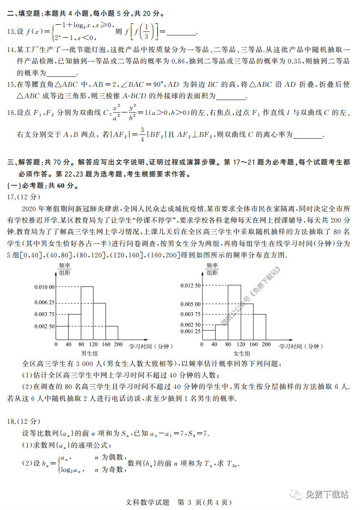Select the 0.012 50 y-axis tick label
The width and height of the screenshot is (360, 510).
(x=191, y=285)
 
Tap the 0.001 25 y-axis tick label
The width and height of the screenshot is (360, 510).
(x=191, y=331)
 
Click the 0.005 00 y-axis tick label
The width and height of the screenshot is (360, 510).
(x=191, y=304)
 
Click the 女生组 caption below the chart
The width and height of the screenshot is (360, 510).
(x=242, y=353)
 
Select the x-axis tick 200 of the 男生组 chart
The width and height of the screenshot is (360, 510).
(x=118, y=344)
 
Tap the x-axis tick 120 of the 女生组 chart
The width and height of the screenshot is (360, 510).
(x=240, y=344)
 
